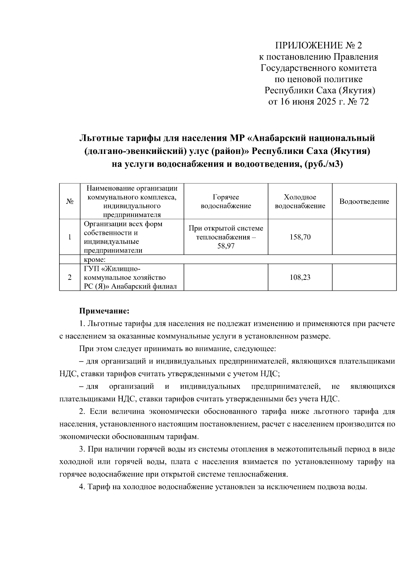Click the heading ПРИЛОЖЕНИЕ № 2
click(318, 45)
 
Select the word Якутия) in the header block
click(359, 91)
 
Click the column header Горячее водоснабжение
click(225, 201)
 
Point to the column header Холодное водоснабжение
click(300, 201)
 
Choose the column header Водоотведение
click(364, 201)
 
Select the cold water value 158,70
click(300, 237)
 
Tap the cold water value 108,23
click(300, 277)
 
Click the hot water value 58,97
click(225, 246)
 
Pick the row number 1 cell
click(70, 237)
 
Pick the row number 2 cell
click(70, 277)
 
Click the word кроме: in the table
click(94, 259)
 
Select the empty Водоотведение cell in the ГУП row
click(364, 277)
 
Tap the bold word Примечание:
click(104, 311)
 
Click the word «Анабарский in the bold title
click(280, 138)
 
